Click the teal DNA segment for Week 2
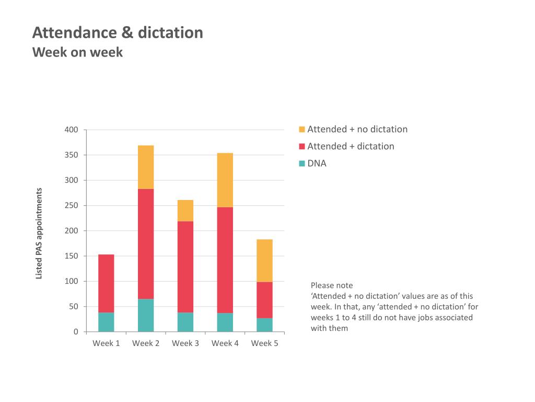(146, 315)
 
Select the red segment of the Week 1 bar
(106, 283)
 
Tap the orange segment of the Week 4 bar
(225, 180)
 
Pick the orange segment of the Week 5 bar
(264, 261)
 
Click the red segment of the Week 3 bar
(185, 267)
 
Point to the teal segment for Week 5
(264, 325)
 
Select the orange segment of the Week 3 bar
(185, 210)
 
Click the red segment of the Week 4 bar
(225, 260)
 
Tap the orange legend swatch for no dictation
(301, 129)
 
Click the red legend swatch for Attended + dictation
(301, 147)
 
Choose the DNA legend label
(317, 163)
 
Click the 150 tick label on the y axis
(71, 256)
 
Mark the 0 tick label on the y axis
(76, 331)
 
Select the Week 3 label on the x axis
(185, 343)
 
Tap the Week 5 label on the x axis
(264, 343)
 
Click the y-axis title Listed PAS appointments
(39, 233)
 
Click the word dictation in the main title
(170, 33)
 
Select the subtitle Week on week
(77, 52)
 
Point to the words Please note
(332, 285)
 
